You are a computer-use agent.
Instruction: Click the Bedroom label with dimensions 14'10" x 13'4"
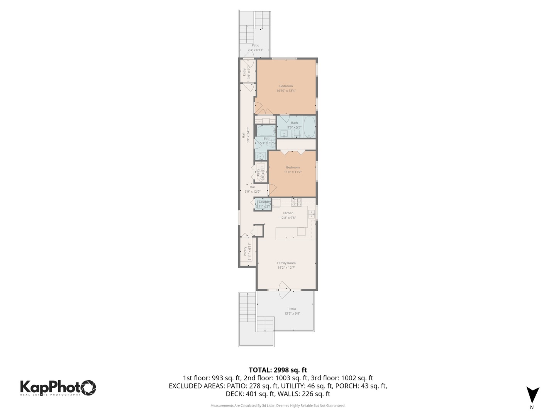coord(286,86)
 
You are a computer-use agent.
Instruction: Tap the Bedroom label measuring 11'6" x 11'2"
coord(293,168)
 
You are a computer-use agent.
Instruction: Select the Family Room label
coord(286,263)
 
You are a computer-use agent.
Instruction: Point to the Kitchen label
coord(288,213)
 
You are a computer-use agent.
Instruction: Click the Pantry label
coord(245,251)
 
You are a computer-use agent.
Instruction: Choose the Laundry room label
coord(264,202)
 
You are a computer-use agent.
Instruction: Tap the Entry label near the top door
coord(244,72)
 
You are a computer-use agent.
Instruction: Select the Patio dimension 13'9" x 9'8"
coord(292,314)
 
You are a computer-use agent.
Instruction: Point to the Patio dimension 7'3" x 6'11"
coord(255,50)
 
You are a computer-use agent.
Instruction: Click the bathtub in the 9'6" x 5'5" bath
coord(309,127)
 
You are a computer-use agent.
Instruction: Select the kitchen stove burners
coord(296,202)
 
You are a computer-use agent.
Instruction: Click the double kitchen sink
coord(311,214)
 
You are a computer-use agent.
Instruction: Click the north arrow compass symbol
coord(532,395)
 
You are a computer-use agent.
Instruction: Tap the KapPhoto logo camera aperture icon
coord(88,387)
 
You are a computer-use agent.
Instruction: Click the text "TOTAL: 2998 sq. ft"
coord(278,370)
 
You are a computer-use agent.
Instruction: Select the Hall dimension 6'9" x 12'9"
coord(252,192)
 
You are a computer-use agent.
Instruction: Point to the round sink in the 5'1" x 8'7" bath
coord(260,156)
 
